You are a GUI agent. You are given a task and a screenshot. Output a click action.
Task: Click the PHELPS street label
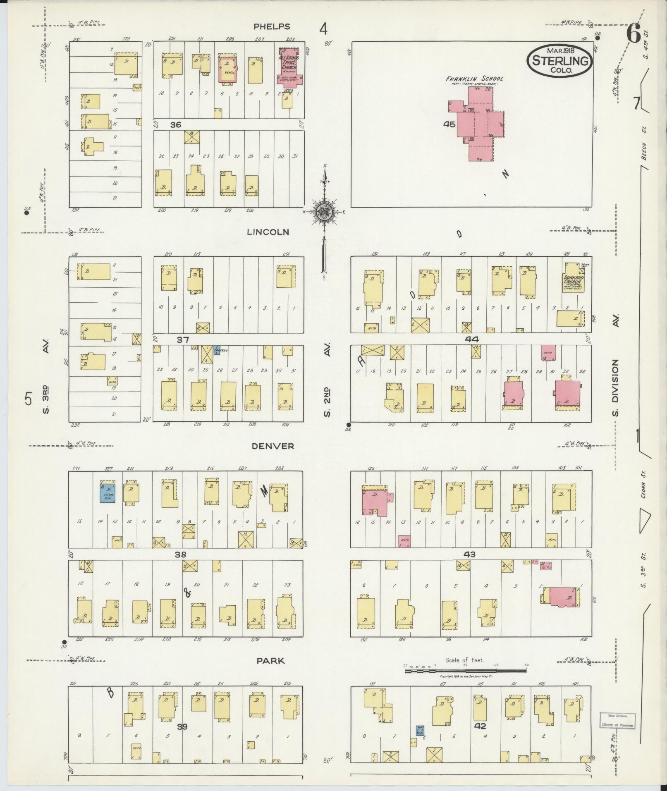click(x=272, y=26)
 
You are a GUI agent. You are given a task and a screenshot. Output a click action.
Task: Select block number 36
click(x=175, y=124)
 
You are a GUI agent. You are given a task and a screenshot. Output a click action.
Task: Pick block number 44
click(x=471, y=339)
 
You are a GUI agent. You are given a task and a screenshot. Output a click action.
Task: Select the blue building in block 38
click(x=108, y=492)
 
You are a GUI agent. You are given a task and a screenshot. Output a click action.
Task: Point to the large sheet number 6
click(x=633, y=33)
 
